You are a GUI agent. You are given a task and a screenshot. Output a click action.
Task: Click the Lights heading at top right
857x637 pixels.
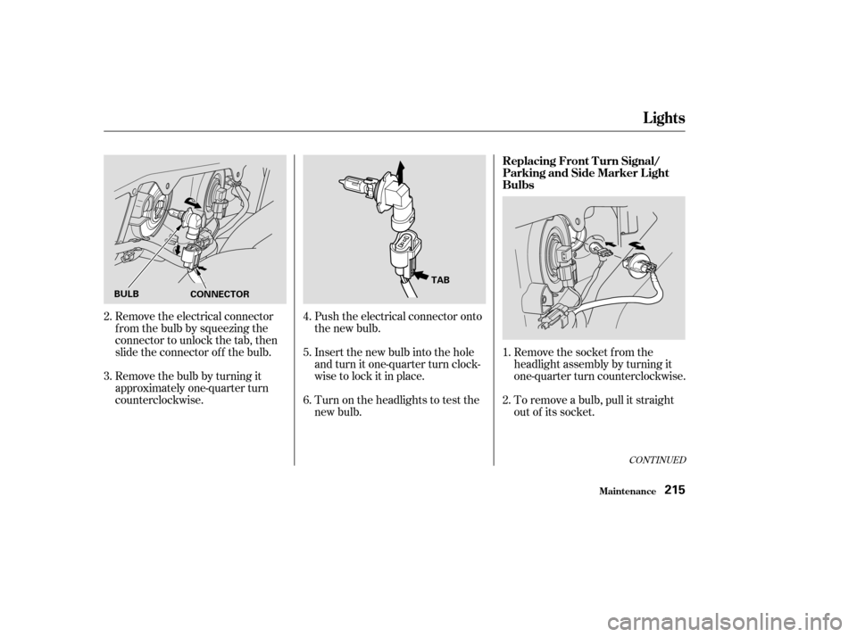tap(664, 118)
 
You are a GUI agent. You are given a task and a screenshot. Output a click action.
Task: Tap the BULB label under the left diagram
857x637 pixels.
tap(127, 294)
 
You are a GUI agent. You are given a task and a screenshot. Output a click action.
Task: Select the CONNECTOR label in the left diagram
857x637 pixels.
tap(220, 294)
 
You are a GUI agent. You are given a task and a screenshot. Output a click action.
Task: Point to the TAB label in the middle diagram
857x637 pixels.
tap(440, 280)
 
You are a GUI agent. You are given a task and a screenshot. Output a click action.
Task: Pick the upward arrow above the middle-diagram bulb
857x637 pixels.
tap(401, 173)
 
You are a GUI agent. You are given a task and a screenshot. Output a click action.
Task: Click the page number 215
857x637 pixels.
tap(675, 490)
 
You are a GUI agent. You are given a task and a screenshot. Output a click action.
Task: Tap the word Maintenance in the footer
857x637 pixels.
tap(627, 492)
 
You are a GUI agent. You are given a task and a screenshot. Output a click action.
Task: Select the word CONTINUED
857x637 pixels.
tap(658, 460)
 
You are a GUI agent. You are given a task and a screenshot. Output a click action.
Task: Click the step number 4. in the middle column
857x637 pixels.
tap(308, 317)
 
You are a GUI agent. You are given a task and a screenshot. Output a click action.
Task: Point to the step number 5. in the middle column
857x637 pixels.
tap(308, 352)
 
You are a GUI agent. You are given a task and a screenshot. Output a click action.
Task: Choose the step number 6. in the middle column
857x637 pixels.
tap(308, 401)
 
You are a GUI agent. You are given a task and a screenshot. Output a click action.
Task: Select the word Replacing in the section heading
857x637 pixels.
tap(528, 161)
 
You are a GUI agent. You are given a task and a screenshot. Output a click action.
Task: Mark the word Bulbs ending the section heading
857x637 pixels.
tap(518, 186)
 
